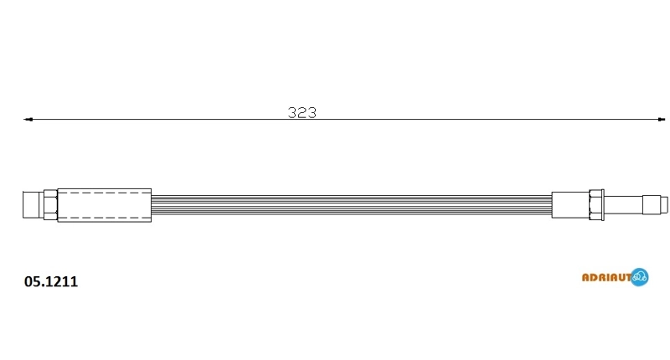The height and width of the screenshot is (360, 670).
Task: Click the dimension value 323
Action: tap(302, 113)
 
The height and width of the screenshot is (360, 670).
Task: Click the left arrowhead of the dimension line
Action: tap(28, 120)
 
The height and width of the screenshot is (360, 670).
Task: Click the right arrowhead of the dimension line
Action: tap(661, 120)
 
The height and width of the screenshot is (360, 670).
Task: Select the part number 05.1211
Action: tap(51, 281)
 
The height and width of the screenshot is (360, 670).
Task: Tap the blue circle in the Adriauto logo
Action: tap(639, 277)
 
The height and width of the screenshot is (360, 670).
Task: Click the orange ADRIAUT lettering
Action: tap(606, 278)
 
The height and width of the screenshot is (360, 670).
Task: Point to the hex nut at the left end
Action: tap(50, 205)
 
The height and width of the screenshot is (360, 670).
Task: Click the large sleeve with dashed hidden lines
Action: tap(104, 205)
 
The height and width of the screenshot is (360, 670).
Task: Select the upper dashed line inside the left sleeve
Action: tap(104, 193)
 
